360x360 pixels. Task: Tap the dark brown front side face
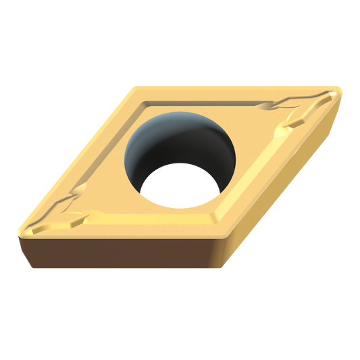122,253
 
